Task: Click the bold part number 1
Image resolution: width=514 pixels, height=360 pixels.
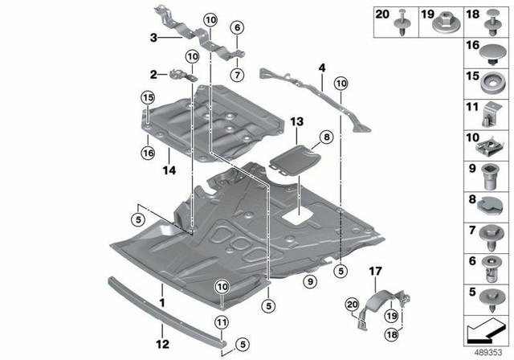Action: [162, 303]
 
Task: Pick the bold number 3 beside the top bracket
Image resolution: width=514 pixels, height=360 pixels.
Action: [153, 37]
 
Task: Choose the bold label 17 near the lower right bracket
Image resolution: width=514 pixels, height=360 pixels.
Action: [374, 272]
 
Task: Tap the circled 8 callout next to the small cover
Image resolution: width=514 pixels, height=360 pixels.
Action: [328, 137]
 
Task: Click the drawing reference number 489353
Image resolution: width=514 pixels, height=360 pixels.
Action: [486, 351]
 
